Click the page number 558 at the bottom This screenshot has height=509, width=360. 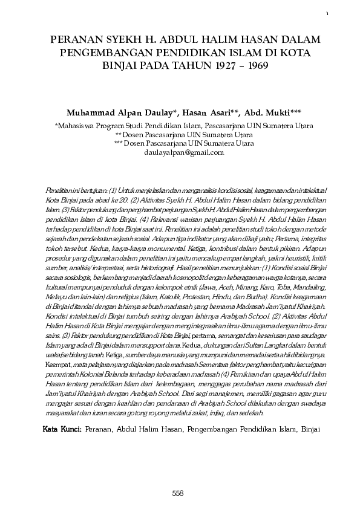(178, 493)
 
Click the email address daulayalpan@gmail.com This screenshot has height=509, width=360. (180, 153)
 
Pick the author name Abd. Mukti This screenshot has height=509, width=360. (265, 113)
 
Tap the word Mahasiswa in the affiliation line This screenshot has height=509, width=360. (75, 126)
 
